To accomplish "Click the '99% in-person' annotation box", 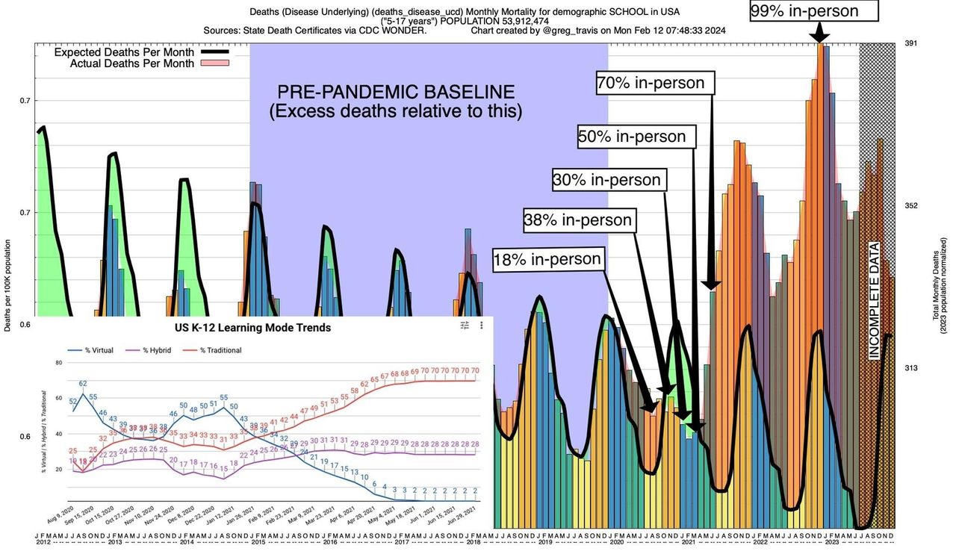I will pos(815,11).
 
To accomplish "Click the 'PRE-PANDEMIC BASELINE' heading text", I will pos(396,93).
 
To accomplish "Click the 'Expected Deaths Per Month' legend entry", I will pos(124,53).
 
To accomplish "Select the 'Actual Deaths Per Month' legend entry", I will pos(132,63).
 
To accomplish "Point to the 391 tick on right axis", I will pos(910,44).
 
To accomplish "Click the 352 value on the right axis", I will pos(910,206).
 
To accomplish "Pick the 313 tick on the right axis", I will pos(910,368).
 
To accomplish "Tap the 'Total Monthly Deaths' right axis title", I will pos(935,290).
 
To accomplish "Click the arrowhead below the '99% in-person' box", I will pos(819,37).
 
